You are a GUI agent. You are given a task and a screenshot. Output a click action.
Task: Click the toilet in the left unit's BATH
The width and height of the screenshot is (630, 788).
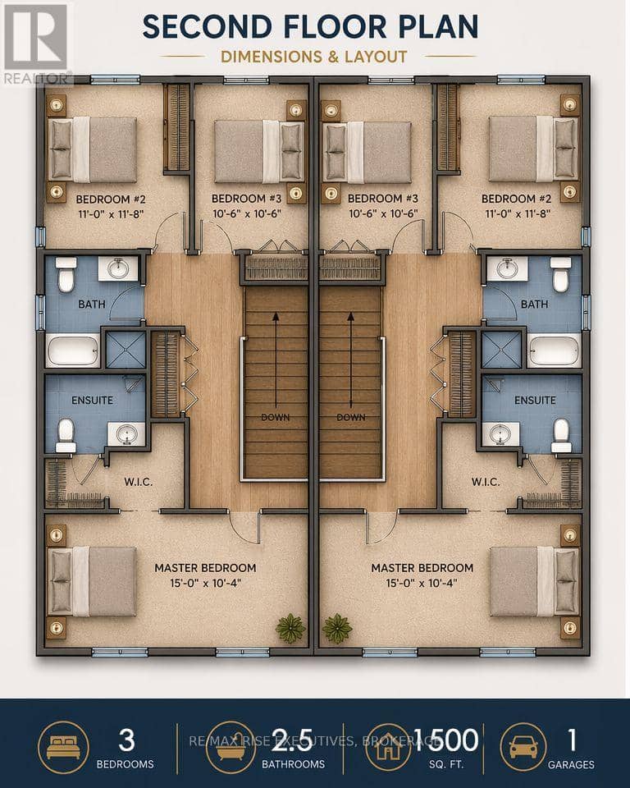pos(66,274)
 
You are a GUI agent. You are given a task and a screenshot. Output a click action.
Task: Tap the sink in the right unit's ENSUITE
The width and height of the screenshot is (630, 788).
pos(501,433)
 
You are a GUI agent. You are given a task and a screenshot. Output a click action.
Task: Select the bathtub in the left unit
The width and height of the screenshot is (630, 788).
pos(73,350)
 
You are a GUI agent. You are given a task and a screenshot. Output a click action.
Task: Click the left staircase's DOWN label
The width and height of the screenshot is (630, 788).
pos(276,417)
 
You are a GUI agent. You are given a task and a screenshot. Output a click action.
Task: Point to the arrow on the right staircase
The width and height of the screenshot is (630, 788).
pos(350,360)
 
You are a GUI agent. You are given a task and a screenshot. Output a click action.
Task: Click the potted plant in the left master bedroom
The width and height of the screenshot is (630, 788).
pos(290,628)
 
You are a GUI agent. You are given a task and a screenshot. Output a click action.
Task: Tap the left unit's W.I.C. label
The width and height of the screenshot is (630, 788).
pos(138,482)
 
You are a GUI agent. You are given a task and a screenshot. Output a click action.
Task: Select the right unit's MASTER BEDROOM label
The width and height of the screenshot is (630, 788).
pos(422,568)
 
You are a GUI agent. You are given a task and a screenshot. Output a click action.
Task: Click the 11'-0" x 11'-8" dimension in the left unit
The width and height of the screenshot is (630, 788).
pos(111,214)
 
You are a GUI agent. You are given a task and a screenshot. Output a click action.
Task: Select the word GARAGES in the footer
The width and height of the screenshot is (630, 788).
pos(571,765)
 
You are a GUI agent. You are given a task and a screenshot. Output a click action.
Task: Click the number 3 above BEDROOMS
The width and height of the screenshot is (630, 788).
pos(126,740)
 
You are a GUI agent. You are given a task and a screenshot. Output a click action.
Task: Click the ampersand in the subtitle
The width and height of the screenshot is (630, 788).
pos(332,57)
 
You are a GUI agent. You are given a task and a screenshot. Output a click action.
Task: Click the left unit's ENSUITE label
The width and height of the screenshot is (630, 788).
pos(93,401)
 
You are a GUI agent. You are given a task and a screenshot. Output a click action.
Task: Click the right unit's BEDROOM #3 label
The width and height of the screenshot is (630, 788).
pos(383,199)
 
